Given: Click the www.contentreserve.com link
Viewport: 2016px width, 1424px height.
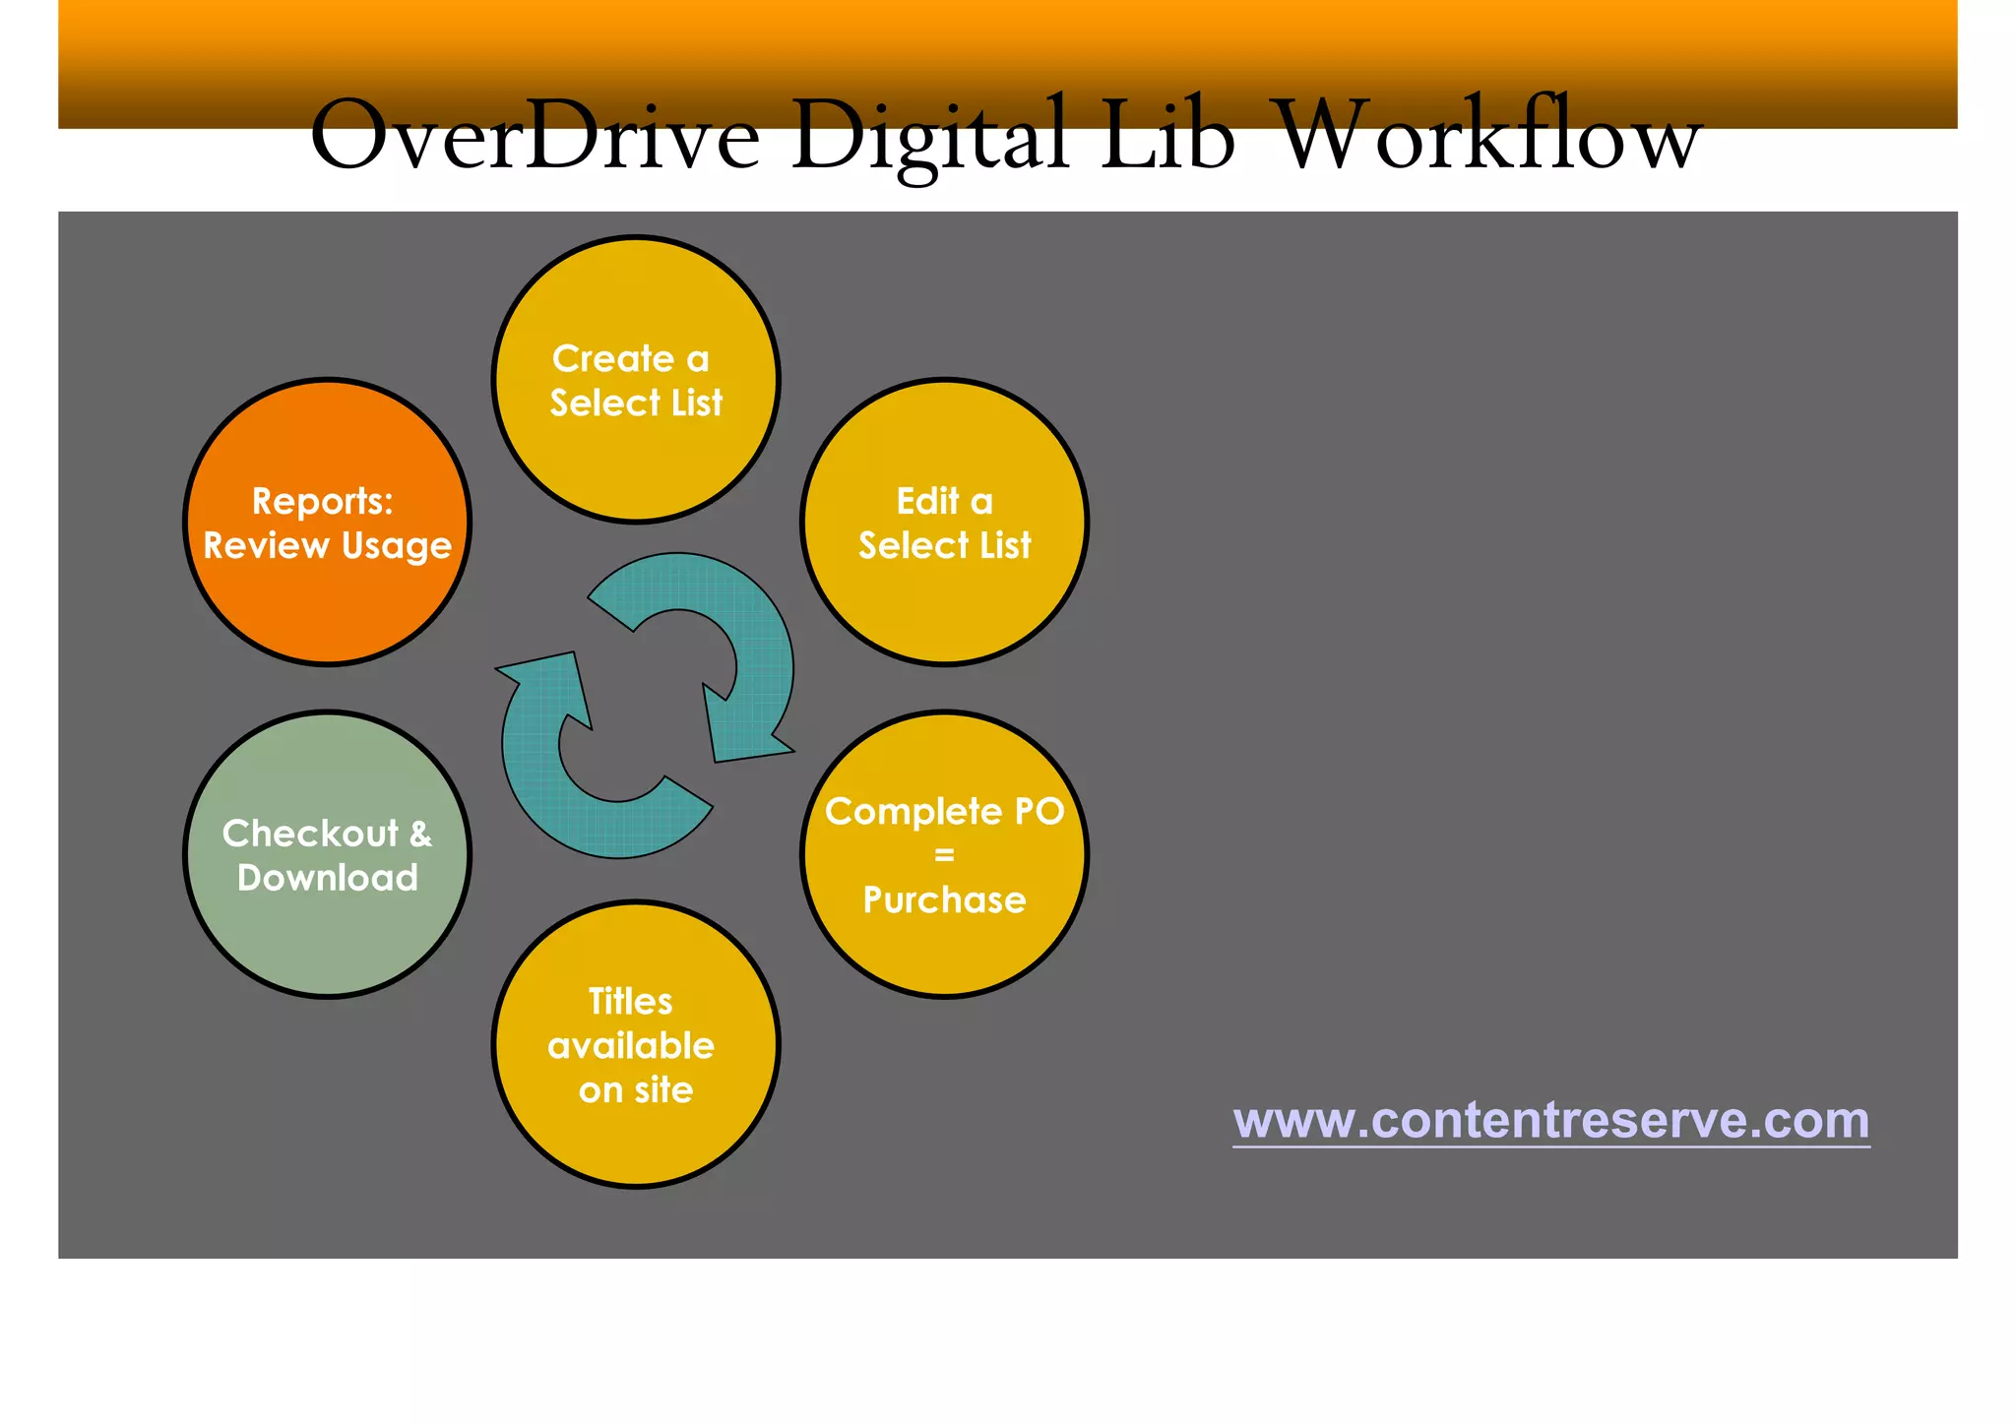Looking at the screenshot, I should [1550, 1120].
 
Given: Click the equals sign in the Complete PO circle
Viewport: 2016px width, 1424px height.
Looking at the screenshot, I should [944, 855].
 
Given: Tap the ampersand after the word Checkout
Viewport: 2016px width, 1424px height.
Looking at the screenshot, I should [420, 835].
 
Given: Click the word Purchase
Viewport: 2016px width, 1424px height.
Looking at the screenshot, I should [944, 899].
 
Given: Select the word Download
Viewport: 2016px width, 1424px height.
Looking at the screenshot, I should [328, 878].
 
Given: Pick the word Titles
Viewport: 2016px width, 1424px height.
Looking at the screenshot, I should [630, 1002].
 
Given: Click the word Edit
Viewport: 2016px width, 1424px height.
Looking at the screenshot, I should [927, 502].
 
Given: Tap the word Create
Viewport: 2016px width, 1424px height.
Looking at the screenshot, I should [612, 359].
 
